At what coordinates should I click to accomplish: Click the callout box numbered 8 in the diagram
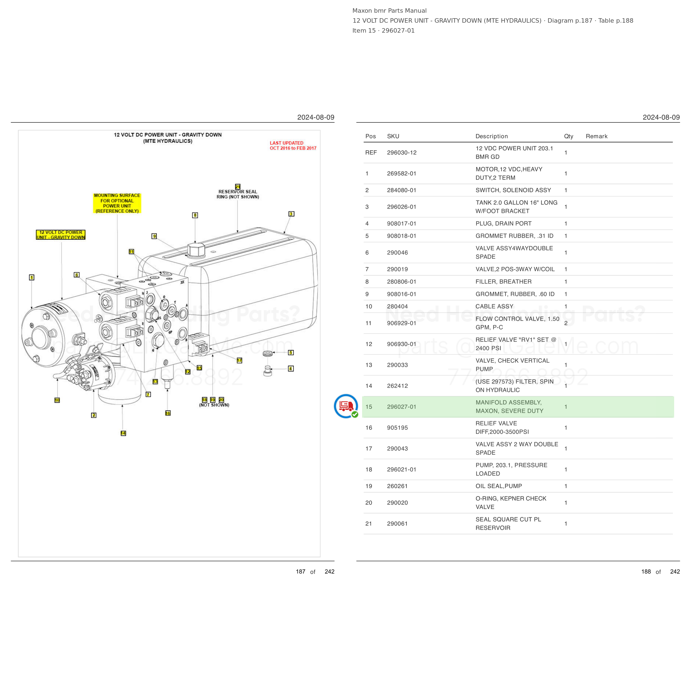[x=195, y=215]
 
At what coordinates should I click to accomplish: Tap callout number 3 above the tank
[x=291, y=214]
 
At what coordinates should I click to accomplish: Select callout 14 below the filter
[x=123, y=433]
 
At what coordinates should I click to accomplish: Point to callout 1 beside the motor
[x=32, y=277]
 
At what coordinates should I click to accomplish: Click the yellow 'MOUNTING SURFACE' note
[x=117, y=203]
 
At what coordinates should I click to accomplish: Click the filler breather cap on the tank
[x=196, y=250]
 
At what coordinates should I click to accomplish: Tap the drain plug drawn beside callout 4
[x=268, y=371]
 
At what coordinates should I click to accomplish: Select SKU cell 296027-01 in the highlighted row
[x=402, y=407]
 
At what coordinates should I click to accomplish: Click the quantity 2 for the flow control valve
[x=566, y=323]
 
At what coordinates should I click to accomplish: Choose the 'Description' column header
[x=491, y=136]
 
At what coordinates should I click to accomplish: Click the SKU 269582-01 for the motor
[x=402, y=174]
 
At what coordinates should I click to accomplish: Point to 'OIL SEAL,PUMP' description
[x=499, y=486]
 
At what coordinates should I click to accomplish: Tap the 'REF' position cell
[x=371, y=152]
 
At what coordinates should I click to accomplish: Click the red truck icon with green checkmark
[x=346, y=406]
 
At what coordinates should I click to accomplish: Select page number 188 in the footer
[x=646, y=572]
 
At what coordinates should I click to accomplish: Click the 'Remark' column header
[x=596, y=136]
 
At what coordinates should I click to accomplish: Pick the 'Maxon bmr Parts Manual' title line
[x=389, y=11]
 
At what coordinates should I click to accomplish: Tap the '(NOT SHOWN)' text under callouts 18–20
[x=214, y=405]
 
